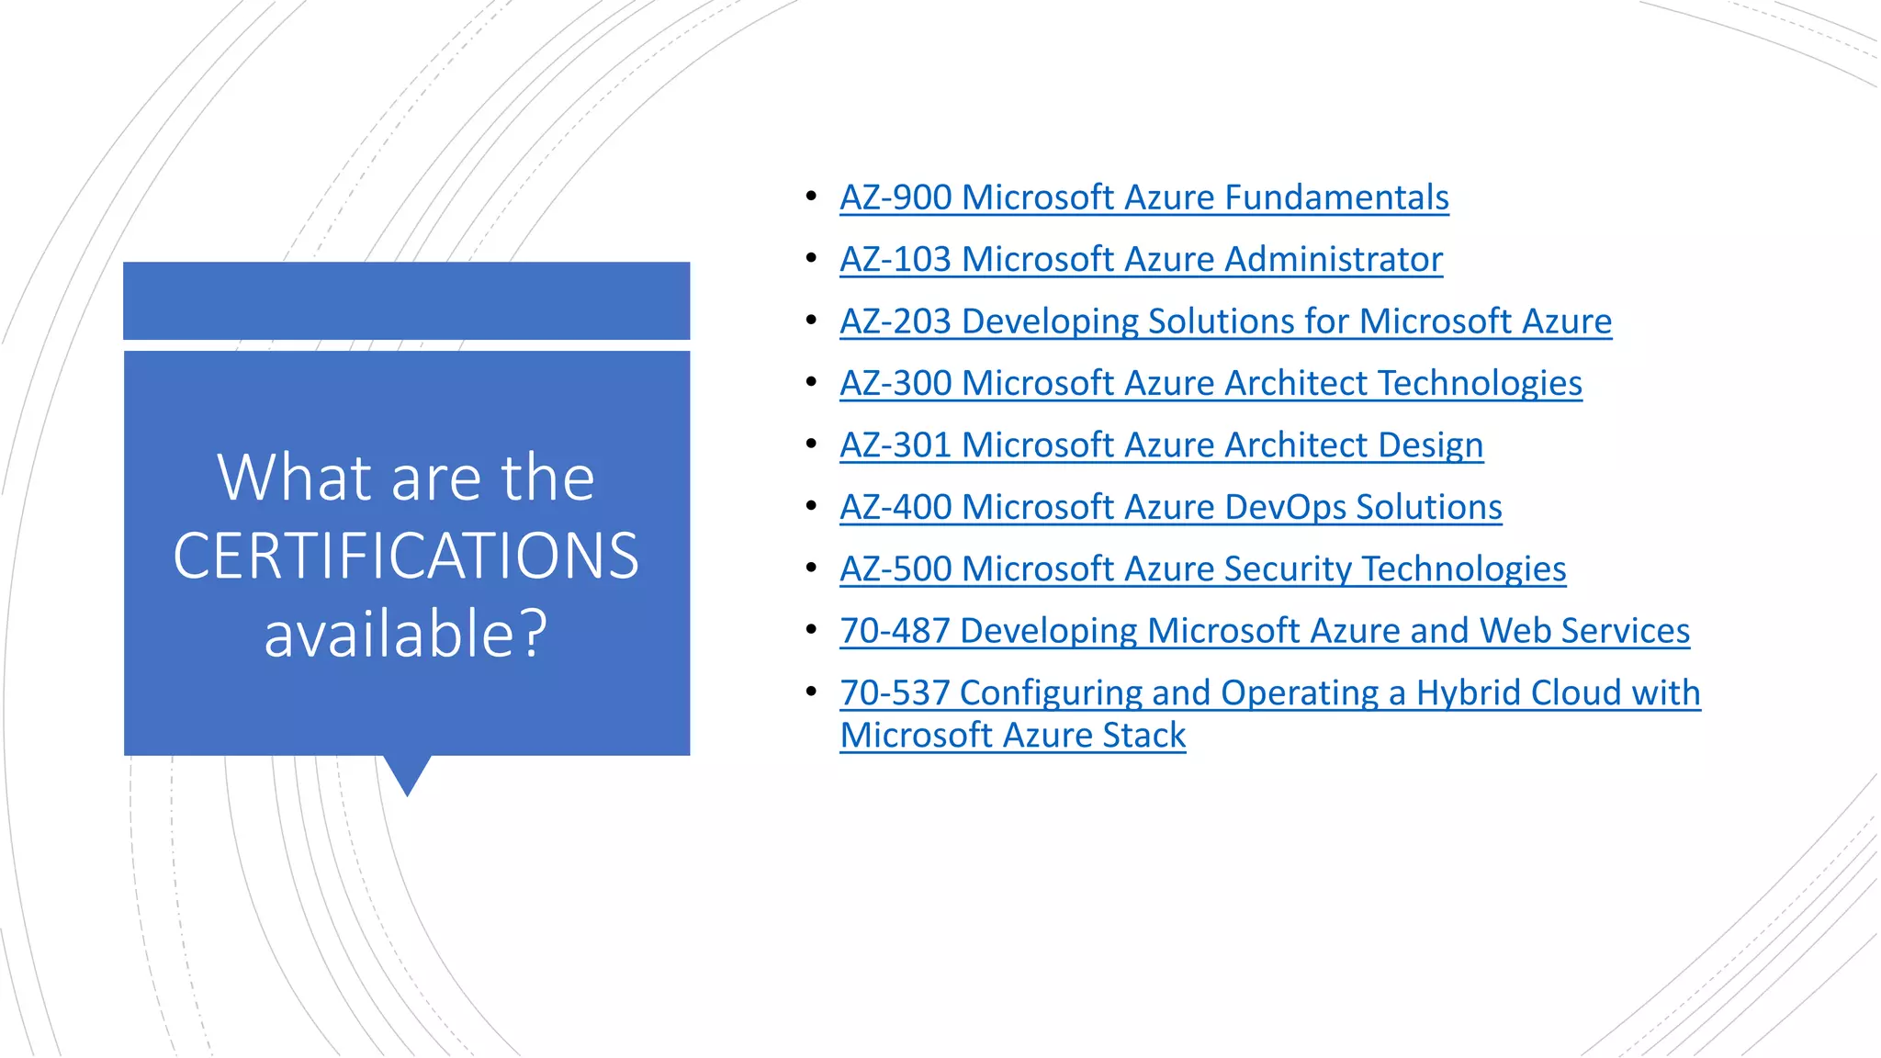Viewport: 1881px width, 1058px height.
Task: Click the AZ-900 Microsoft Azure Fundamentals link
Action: pyautogui.click(x=1143, y=197)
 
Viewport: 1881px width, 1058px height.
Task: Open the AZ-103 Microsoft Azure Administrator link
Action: pyautogui.click(x=1141, y=259)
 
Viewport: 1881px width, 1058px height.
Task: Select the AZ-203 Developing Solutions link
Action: pyautogui.click(x=1225, y=321)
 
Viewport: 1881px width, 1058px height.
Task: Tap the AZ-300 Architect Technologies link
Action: pyautogui.click(x=1211, y=383)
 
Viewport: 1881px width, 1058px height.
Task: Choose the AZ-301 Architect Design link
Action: pyautogui.click(x=1161, y=445)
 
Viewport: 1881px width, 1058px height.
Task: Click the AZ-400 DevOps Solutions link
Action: pyautogui.click(x=1170, y=507)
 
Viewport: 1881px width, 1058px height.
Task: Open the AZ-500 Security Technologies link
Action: pyautogui.click(x=1202, y=569)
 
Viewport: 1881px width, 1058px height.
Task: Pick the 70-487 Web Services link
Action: pyautogui.click(x=1264, y=631)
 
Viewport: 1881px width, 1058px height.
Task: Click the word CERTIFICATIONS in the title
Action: pyautogui.click(x=406, y=557)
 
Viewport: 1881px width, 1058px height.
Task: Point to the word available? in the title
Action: pyautogui.click(x=406, y=634)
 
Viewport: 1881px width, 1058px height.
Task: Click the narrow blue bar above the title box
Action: pyautogui.click(x=406, y=301)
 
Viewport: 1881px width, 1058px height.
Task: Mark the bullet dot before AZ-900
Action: pyautogui.click(x=811, y=196)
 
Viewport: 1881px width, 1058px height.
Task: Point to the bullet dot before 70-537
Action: pyautogui.click(x=811, y=691)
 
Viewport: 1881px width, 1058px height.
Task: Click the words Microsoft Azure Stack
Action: pyautogui.click(x=1012, y=736)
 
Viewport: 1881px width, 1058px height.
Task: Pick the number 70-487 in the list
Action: pyautogui.click(x=895, y=631)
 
